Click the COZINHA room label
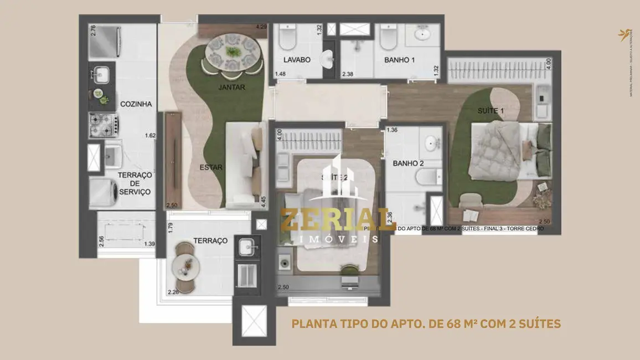[136, 104]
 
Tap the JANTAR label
[231, 87]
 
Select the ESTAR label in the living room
[211, 167]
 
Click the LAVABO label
[297, 60]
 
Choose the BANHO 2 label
[408, 163]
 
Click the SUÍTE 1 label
[491, 111]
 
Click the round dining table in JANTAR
[232, 53]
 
